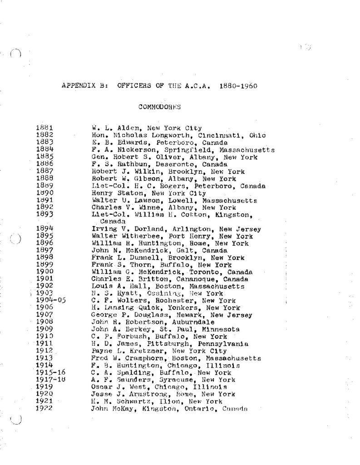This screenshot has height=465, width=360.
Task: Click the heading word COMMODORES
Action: [158, 108]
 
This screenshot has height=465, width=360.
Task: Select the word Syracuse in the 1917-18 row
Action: [163, 379]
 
